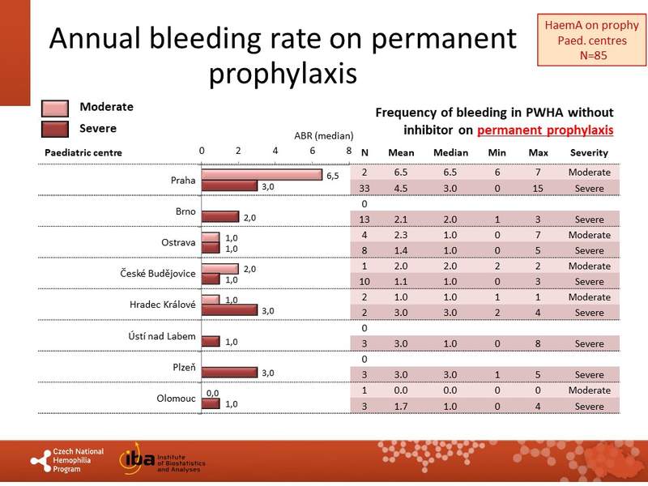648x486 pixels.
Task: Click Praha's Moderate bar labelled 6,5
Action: (261, 174)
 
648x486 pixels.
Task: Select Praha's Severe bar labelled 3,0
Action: (229, 186)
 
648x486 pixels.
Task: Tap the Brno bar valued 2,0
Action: (220, 217)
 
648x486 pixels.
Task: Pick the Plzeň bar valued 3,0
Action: (229, 372)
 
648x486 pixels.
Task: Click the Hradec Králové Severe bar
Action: (229, 310)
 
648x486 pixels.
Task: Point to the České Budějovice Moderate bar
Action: (220, 268)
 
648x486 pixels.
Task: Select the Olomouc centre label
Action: (176, 398)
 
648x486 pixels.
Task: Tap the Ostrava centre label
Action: (179, 242)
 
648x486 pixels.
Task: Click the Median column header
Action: (451, 152)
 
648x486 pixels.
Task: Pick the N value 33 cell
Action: (364, 189)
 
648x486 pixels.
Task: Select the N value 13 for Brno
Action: (364, 220)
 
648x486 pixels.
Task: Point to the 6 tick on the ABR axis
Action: (312, 151)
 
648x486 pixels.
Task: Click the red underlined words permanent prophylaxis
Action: (545, 130)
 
